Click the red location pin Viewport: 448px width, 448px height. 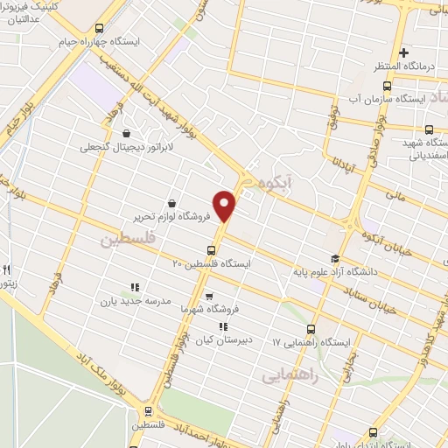(x=225, y=206)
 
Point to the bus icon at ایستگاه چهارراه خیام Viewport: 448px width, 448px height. (x=99, y=28)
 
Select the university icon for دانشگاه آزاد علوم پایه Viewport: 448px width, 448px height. (x=334, y=257)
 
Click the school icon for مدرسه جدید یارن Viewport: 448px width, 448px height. (x=135, y=287)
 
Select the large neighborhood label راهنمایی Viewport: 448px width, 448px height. (x=292, y=374)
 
